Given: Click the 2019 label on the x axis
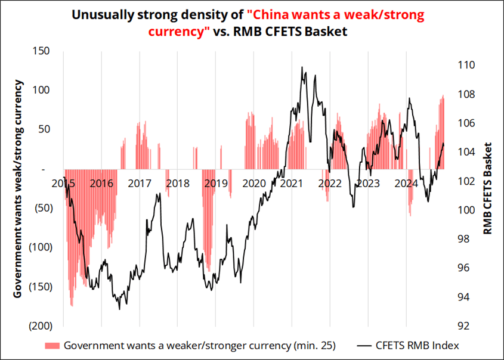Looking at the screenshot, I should point(216,184).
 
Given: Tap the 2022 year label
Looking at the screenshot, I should point(329,184).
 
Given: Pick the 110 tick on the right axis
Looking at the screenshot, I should point(466,65).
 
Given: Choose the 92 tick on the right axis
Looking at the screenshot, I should point(464,326).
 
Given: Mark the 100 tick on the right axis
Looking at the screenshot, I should point(466,210).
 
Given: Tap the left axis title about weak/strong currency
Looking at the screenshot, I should point(18,188).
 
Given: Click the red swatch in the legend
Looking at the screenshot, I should point(52,345).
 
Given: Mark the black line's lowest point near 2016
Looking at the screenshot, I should point(119,309).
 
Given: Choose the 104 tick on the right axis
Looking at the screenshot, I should point(466,152).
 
